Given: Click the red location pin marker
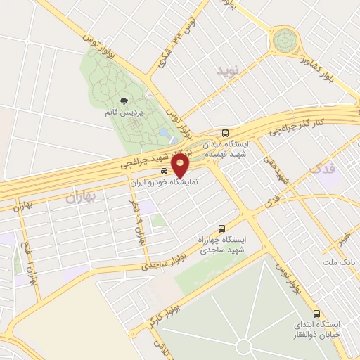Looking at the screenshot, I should [181, 165].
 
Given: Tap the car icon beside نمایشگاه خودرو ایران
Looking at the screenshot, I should [164, 172].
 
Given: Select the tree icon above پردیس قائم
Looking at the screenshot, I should [124, 103].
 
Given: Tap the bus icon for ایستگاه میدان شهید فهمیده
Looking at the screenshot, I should [225, 133].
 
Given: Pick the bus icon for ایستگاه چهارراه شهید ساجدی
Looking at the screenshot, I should [222, 229].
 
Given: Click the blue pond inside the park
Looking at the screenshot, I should [165, 132].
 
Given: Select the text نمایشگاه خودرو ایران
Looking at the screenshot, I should [166, 181].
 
